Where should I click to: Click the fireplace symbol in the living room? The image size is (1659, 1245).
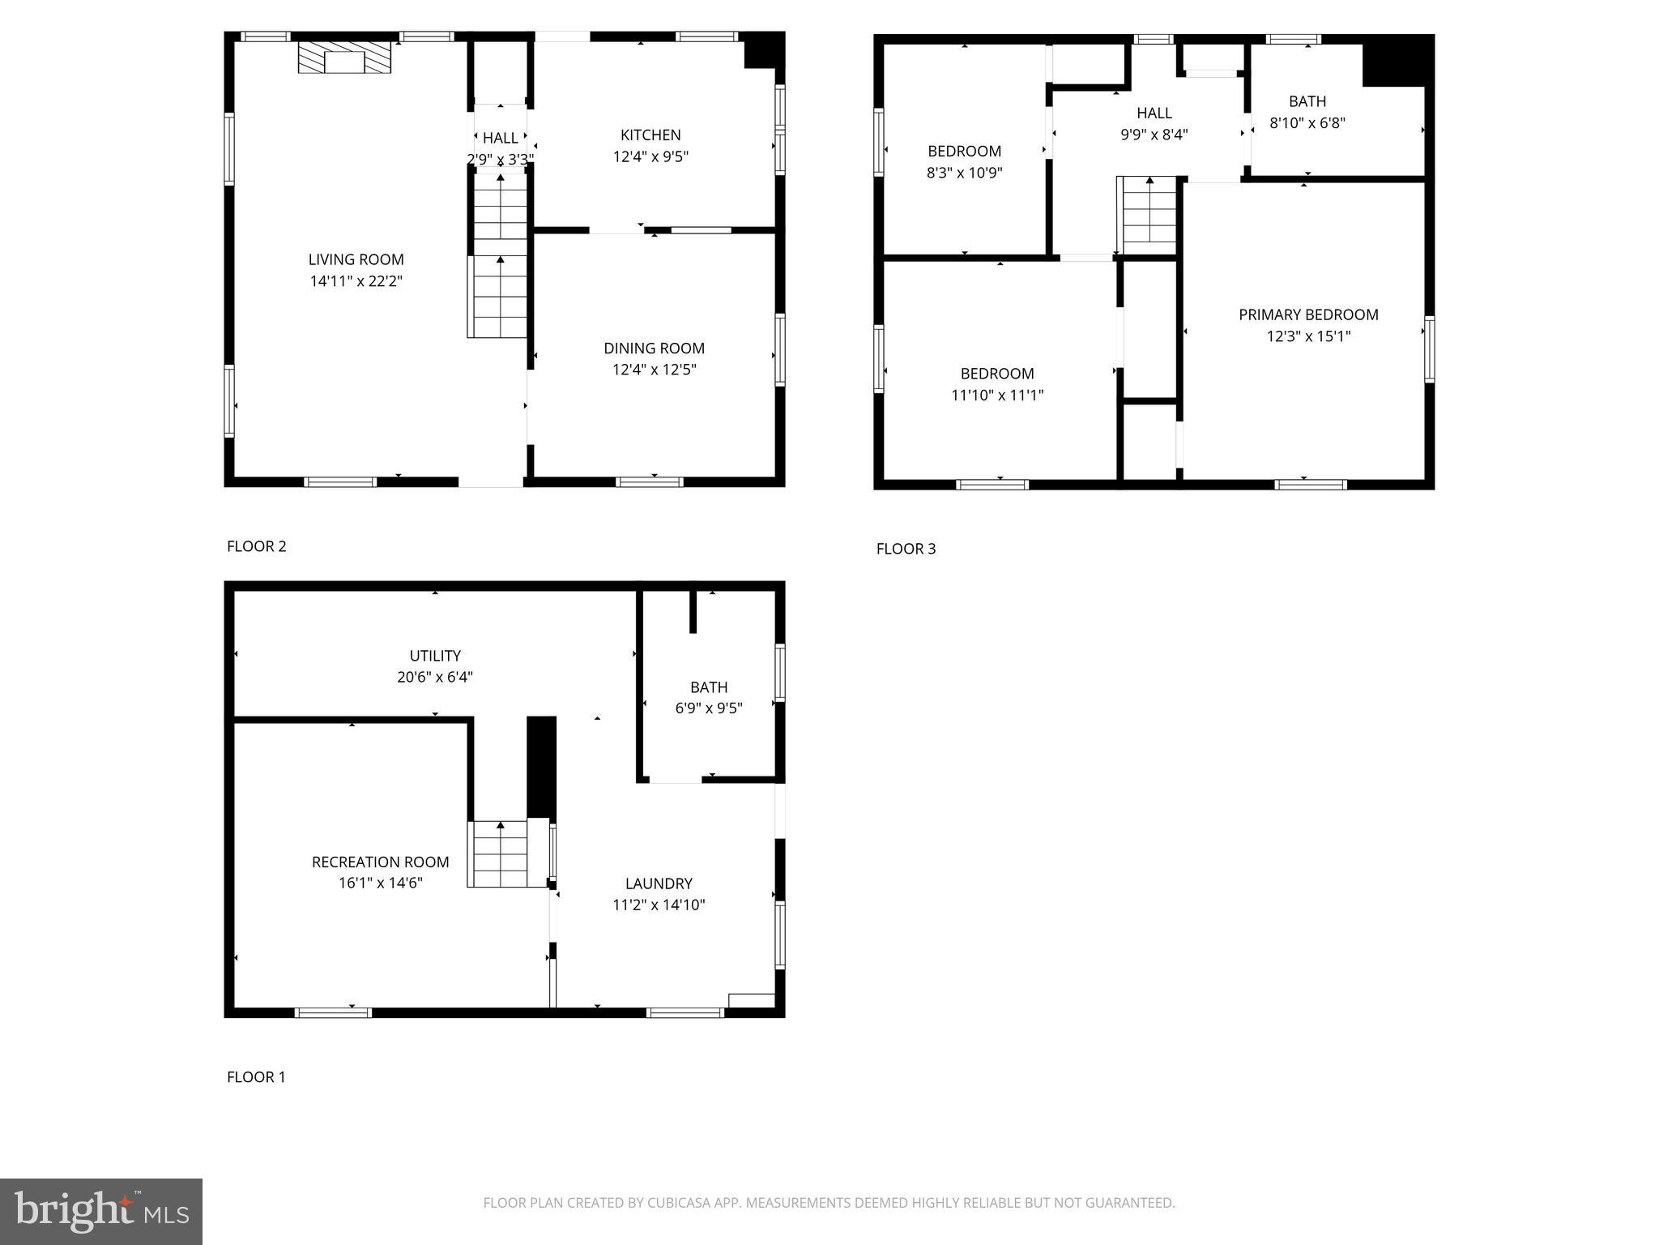pyautogui.click(x=344, y=58)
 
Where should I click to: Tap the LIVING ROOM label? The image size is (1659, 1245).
pyautogui.click(x=356, y=259)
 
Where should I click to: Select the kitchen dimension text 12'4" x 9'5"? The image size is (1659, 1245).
pyautogui.click(x=650, y=156)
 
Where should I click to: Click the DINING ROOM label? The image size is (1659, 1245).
pyautogui.click(x=654, y=348)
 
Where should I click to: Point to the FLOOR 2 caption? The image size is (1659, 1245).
pyautogui.click(x=256, y=546)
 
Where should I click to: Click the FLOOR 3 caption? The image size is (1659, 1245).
pyautogui.click(x=906, y=549)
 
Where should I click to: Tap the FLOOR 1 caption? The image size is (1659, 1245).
pyautogui.click(x=256, y=1077)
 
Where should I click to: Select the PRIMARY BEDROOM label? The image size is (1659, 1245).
pyautogui.click(x=1308, y=314)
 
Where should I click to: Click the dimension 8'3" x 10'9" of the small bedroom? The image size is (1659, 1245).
pyautogui.click(x=964, y=173)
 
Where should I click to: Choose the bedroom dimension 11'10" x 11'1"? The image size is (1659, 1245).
pyautogui.click(x=996, y=396)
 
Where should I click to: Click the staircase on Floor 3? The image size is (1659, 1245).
pyautogui.click(x=1149, y=215)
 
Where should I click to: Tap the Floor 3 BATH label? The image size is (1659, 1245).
pyautogui.click(x=1307, y=101)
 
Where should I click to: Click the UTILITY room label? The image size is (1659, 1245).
pyautogui.click(x=435, y=656)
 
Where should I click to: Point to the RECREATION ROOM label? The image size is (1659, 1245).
pyautogui.click(x=380, y=862)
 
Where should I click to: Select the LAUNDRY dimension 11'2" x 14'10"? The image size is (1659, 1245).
pyautogui.click(x=659, y=905)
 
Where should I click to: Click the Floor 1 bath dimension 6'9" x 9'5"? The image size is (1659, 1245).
pyautogui.click(x=709, y=708)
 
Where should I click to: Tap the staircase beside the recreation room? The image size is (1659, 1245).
pyautogui.click(x=500, y=854)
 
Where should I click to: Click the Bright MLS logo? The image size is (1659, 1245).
pyautogui.click(x=101, y=1211)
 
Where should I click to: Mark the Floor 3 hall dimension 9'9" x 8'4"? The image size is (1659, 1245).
pyautogui.click(x=1154, y=135)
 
